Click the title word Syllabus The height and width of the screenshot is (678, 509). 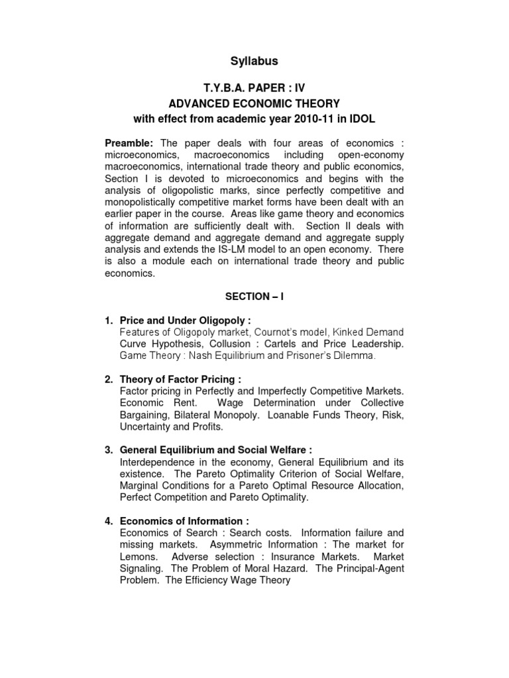254,61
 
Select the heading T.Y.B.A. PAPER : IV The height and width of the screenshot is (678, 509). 254,88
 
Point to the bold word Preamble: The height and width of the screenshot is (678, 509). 129,144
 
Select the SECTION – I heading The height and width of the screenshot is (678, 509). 254,297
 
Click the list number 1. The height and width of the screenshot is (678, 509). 109,320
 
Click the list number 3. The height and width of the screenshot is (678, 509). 109,450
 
